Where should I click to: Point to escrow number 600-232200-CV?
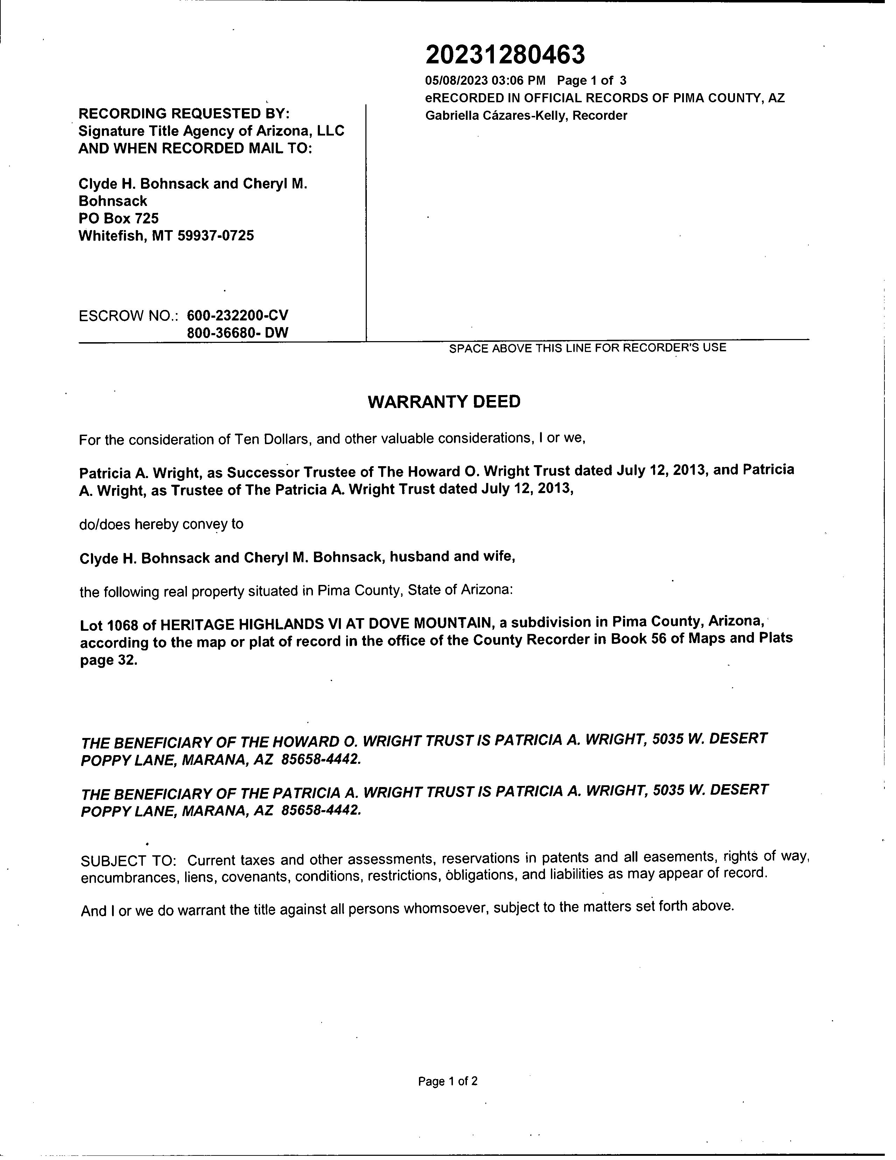tap(237, 316)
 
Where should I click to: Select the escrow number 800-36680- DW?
tap(237, 333)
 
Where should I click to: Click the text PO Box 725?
tap(118, 218)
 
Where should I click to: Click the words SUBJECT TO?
tap(128, 861)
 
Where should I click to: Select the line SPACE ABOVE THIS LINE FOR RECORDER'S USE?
tap(587, 348)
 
